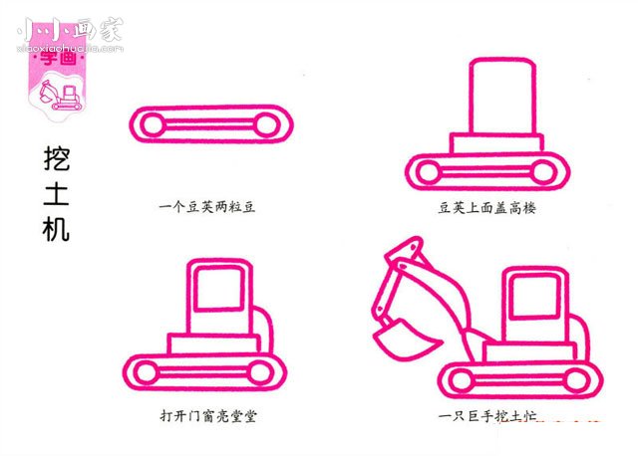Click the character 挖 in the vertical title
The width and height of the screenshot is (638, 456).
[x=57, y=159]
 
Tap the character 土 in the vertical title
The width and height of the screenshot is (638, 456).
[x=57, y=195]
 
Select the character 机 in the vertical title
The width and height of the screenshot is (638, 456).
[x=57, y=230]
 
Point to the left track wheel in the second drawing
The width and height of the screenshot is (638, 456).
[x=427, y=172]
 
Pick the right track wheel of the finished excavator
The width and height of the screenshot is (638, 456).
[x=577, y=377]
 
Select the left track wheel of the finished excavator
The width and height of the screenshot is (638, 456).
[x=462, y=377]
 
